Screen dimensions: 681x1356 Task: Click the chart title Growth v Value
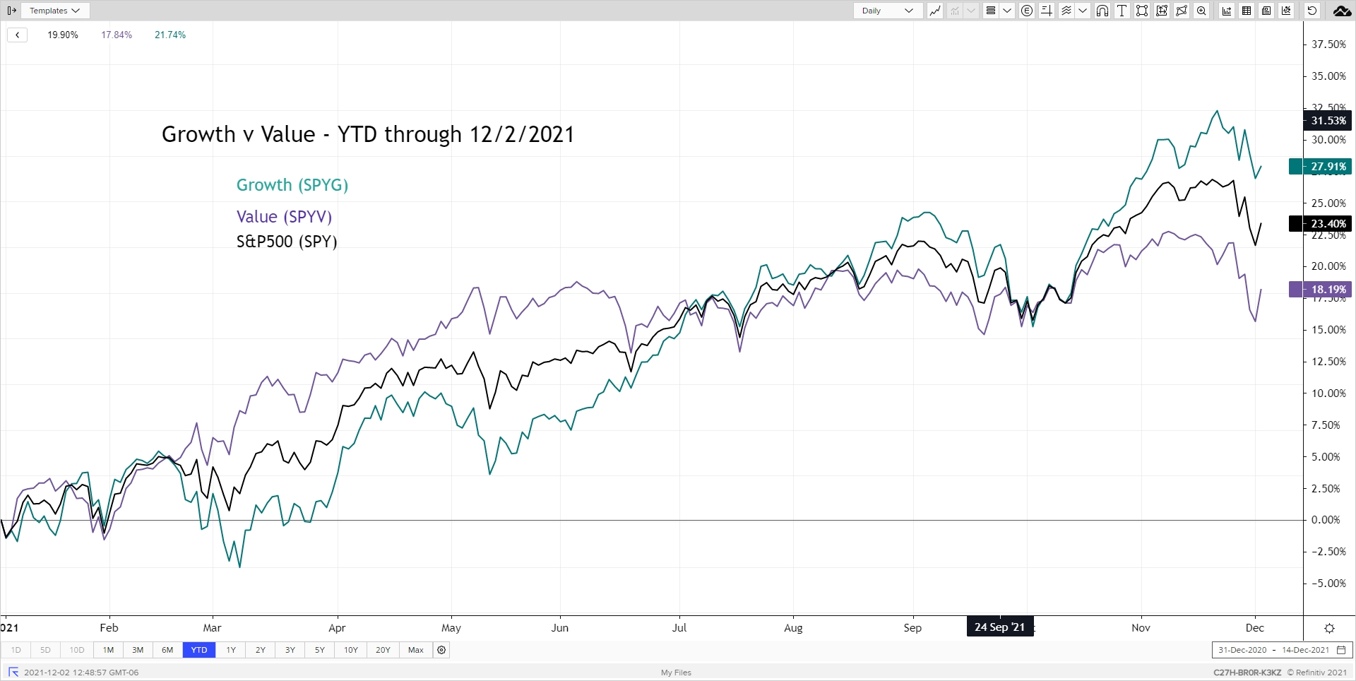[x=367, y=134]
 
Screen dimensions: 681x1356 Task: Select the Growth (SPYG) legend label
[x=292, y=185]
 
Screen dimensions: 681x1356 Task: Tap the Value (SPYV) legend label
[x=284, y=217]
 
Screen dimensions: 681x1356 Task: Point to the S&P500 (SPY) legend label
[x=286, y=242]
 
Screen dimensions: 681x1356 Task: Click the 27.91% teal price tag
[x=1319, y=167]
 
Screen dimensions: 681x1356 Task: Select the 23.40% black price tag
[x=1319, y=224]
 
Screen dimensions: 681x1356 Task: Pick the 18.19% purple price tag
[x=1319, y=290]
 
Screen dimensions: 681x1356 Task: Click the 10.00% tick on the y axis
[x=1328, y=393]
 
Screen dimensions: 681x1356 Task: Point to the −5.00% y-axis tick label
[x=1328, y=584]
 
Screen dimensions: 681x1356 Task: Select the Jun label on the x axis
[x=559, y=628]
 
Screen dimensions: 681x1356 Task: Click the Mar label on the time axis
[x=212, y=628]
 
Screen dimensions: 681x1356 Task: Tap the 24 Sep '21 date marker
[x=999, y=627]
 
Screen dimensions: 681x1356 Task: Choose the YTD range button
[x=199, y=650]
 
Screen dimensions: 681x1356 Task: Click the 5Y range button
[x=320, y=650]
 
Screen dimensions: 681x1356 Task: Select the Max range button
[x=416, y=650]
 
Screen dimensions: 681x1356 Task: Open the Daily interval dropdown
[x=887, y=11]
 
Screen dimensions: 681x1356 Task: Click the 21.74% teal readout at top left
[x=170, y=35]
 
